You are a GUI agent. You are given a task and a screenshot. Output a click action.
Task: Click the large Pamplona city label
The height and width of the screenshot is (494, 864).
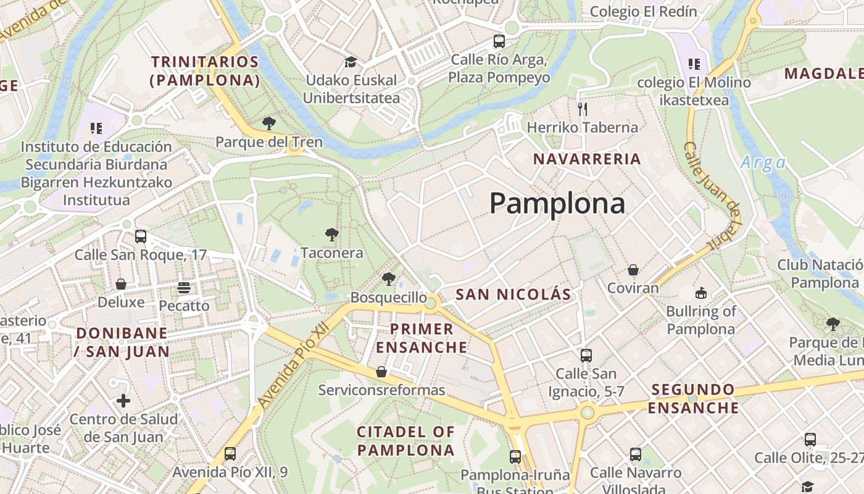point(557,203)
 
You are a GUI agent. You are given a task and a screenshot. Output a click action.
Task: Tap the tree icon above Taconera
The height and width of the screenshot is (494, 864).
point(332,234)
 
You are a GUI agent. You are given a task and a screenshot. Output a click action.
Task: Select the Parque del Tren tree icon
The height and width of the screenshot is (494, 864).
point(268,123)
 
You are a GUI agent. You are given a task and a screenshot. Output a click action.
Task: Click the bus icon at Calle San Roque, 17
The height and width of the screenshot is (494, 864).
point(141,236)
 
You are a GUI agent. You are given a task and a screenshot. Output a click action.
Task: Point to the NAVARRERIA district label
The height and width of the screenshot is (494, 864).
point(587,159)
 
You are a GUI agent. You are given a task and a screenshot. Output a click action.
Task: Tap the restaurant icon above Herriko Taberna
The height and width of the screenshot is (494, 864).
point(582,109)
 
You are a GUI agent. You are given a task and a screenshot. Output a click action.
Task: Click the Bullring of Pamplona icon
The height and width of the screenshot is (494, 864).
point(700,293)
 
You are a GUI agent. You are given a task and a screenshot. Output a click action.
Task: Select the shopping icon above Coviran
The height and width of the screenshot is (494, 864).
point(633,270)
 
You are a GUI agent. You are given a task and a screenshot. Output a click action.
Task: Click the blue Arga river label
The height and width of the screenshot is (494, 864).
point(763,163)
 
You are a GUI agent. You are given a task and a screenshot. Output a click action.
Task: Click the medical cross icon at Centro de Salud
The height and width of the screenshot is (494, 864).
point(123,401)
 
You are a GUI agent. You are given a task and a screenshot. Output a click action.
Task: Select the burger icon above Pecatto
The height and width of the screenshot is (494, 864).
point(184,287)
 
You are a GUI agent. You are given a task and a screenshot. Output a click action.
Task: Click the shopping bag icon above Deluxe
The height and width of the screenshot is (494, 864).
point(121,284)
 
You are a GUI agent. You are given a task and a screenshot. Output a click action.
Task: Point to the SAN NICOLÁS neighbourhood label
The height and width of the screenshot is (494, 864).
point(513,295)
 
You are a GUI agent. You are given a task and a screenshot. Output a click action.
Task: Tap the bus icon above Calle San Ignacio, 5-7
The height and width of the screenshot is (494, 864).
point(586,356)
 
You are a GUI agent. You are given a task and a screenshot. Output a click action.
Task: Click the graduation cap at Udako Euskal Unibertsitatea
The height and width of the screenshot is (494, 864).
point(351,62)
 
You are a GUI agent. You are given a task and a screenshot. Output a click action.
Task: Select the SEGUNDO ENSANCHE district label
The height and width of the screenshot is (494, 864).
point(693,398)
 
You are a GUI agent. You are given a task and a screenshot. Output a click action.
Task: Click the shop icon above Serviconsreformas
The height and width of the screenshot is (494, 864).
point(381,372)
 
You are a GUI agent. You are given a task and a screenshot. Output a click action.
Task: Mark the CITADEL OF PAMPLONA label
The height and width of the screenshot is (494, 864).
point(405,441)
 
